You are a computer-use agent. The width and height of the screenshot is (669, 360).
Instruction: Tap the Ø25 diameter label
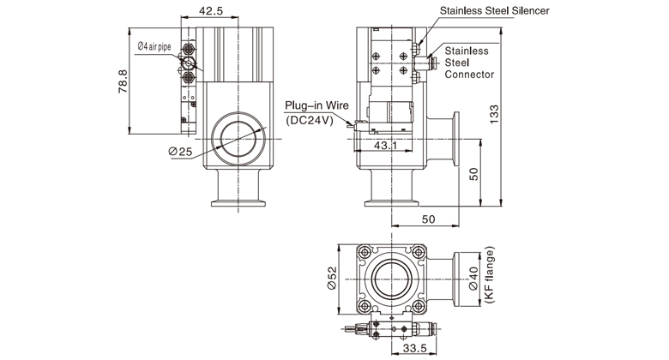tap(182, 151)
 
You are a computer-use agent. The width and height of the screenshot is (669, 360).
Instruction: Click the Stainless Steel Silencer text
tap(495, 12)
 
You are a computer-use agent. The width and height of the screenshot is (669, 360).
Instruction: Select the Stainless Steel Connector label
tap(468, 63)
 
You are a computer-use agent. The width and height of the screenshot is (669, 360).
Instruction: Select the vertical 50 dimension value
tap(473, 174)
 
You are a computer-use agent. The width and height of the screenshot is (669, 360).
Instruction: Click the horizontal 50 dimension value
tap(429, 220)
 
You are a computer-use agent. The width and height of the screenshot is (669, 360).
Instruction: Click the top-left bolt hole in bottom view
tap(365, 253)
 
